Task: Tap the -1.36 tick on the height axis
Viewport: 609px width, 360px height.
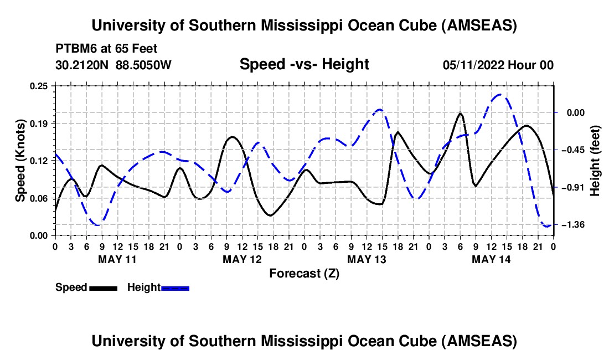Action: (x=574, y=225)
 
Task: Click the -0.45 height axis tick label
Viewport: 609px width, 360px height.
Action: (x=574, y=150)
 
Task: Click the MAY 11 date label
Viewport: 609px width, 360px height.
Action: (x=117, y=259)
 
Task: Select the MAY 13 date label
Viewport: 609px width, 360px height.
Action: (x=366, y=259)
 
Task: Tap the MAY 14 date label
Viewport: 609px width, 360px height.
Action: (x=491, y=259)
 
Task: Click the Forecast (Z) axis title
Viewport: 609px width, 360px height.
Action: (x=304, y=273)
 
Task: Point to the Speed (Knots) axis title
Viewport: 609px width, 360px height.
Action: (x=20, y=161)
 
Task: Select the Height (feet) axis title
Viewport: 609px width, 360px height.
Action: (x=595, y=161)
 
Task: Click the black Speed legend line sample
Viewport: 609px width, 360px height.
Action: (x=102, y=287)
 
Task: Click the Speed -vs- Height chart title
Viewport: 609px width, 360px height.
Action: (x=304, y=64)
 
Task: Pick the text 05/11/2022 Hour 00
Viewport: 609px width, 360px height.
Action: (x=498, y=65)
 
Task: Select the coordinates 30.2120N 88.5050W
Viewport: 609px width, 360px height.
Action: (x=113, y=65)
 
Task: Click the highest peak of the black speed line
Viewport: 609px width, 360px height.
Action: (x=460, y=114)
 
